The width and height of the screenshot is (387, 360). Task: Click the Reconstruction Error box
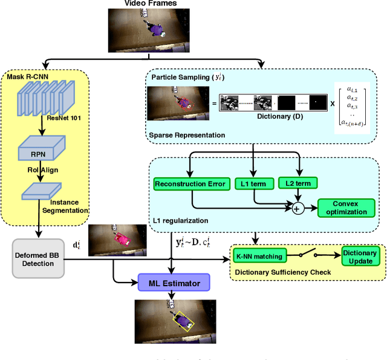tap(190, 183)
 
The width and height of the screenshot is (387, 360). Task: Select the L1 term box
tap(253, 183)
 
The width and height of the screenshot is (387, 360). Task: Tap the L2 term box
tap(298, 183)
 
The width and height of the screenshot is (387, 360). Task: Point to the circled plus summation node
tap(297, 209)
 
